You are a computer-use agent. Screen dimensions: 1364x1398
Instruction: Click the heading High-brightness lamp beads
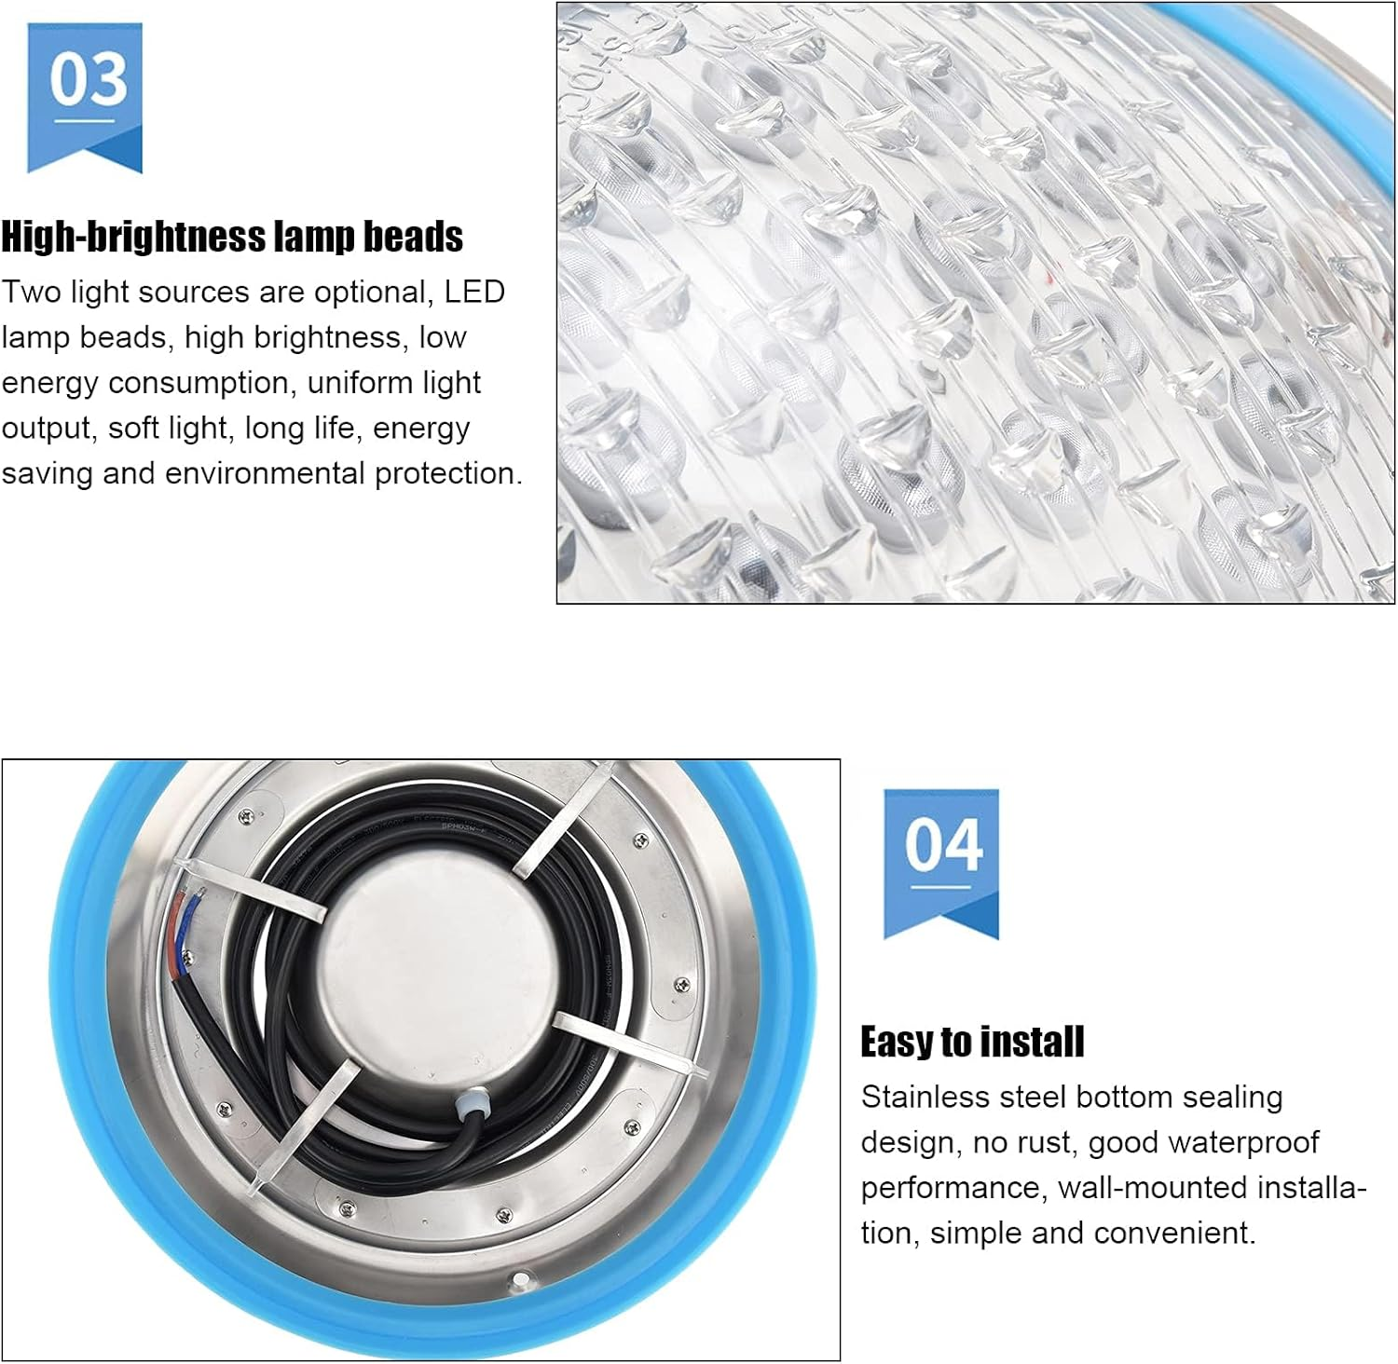pyautogui.click(x=232, y=237)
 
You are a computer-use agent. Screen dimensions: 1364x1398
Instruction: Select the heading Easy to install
pyautogui.click(x=972, y=1042)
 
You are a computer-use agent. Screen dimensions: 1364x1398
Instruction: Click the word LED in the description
pyautogui.click(x=474, y=292)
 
